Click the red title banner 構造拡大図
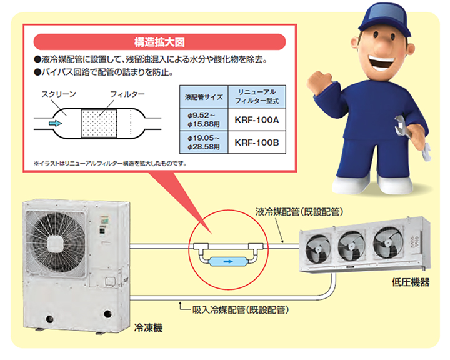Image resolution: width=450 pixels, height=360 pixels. (157, 42)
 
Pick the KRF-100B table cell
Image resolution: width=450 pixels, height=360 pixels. (256, 142)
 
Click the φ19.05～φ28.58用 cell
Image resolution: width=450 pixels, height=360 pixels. (202, 142)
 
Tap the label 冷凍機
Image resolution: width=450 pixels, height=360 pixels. (148, 327)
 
